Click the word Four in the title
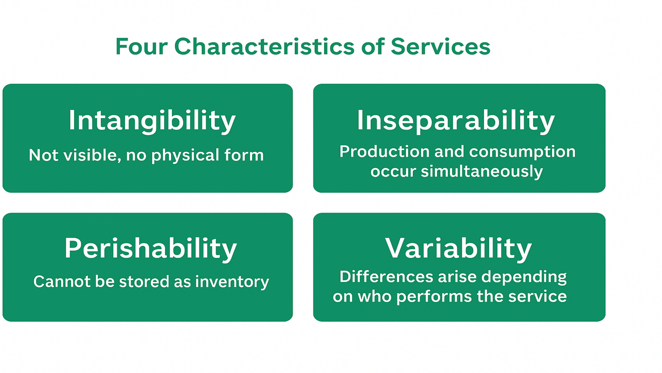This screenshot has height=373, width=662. pyautogui.click(x=141, y=47)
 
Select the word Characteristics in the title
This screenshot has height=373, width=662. pyautogui.click(x=264, y=46)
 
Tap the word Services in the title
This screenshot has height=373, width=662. pyautogui.click(x=440, y=46)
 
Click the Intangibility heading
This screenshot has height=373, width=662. pyautogui.click(x=152, y=121)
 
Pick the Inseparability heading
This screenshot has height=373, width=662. pyautogui.click(x=456, y=121)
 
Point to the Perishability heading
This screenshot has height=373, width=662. pyautogui.click(x=151, y=248)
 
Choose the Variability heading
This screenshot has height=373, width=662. pyautogui.click(x=458, y=248)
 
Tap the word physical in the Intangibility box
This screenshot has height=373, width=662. pyautogui.click(x=185, y=155)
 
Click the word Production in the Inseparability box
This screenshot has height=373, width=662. pyautogui.click(x=384, y=152)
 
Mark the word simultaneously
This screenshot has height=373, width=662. pyautogui.click(x=482, y=172)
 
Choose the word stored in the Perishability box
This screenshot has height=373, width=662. pyautogui.click(x=144, y=281)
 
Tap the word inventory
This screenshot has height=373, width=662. pyautogui.click(x=232, y=282)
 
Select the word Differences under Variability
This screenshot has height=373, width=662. pyautogui.click(x=387, y=277)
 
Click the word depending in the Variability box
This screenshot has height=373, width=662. pyautogui.click(x=524, y=277)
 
